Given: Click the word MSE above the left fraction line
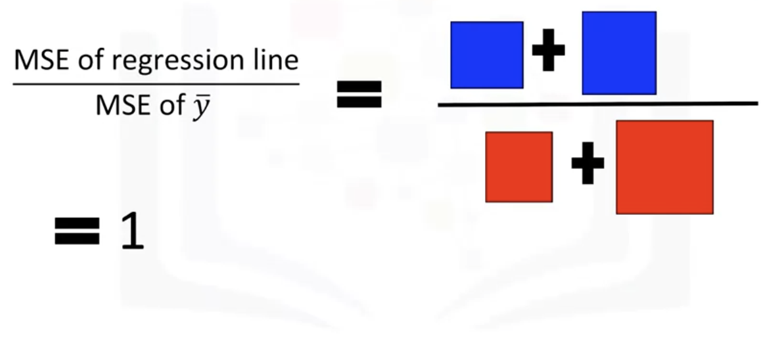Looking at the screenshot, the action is click(37, 62).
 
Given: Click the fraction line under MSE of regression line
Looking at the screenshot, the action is click(155, 84).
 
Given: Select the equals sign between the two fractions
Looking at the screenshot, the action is click(359, 94).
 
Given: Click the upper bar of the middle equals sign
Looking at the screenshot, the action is click(359, 87).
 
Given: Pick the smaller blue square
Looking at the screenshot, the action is click(487, 55).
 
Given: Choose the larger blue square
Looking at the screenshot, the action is click(618, 53).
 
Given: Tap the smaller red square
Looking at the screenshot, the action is click(519, 166).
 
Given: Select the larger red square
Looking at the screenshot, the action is click(664, 167).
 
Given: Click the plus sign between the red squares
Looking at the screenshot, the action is click(587, 166).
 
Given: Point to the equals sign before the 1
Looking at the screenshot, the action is click(77, 231).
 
